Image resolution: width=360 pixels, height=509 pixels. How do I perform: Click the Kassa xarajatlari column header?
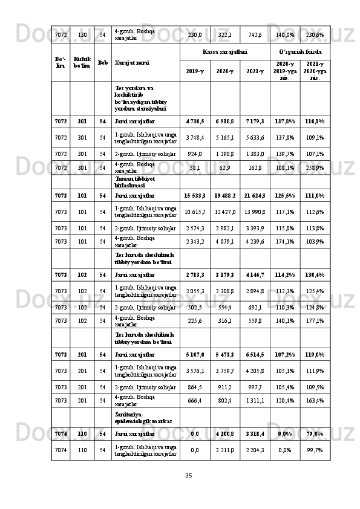(x=224, y=53)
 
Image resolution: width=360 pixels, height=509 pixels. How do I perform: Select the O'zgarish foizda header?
(x=300, y=53)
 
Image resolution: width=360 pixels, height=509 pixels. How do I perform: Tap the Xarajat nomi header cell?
(x=133, y=62)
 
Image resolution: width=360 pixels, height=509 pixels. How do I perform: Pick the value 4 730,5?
(x=195, y=121)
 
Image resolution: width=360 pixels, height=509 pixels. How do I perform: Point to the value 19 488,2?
(x=224, y=196)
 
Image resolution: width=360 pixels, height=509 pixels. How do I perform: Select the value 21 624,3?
(x=255, y=196)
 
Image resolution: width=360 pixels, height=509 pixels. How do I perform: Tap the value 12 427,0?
(x=224, y=212)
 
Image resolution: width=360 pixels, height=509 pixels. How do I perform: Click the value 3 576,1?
(x=195, y=371)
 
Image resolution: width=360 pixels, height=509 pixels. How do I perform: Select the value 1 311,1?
(x=255, y=400)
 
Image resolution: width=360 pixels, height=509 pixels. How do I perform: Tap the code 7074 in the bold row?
(x=61, y=433)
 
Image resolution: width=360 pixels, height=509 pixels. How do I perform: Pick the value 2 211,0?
(x=224, y=450)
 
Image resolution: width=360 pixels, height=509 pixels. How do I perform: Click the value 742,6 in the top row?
(x=255, y=35)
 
